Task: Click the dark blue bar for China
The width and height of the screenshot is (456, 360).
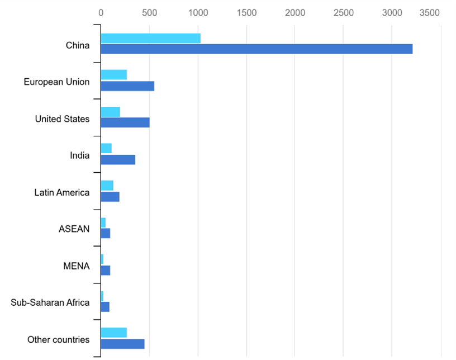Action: (x=256, y=49)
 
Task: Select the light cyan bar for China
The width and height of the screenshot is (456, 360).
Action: (x=150, y=38)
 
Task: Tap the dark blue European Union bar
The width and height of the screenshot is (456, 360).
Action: (x=127, y=86)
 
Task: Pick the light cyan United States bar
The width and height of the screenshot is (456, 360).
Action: (x=110, y=112)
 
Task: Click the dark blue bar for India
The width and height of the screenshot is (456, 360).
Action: (x=118, y=160)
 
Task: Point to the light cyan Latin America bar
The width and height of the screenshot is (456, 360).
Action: (x=107, y=186)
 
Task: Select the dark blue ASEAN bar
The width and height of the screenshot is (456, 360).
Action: (x=106, y=233)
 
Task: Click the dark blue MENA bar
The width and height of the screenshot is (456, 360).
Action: (x=106, y=270)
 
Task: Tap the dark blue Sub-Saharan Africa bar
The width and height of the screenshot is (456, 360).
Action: (x=105, y=307)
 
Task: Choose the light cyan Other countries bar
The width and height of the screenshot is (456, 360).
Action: (x=113, y=333)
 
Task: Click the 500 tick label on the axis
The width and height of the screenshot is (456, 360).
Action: (x=149, y=12)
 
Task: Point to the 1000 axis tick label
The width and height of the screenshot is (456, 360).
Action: (x=198, y=12)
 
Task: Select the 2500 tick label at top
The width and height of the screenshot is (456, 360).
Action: (x=344, y=12)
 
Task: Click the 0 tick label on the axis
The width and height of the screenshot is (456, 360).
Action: (x=101, y=12)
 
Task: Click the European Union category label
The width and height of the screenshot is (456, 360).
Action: (x=56, y=82)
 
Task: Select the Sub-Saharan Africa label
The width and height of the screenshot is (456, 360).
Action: (x=50, y=302)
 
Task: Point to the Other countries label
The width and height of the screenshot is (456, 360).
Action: (x=58, y=339)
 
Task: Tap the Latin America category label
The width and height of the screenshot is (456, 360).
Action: (x=61, y=192)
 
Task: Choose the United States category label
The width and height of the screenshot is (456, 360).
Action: (x=62, y=119)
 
